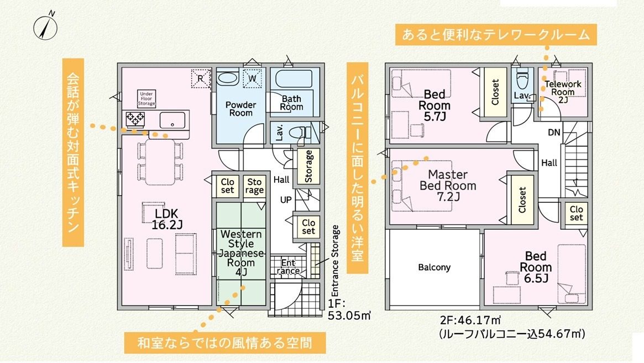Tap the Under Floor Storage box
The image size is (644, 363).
click(x=146, y=99)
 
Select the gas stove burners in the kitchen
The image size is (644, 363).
click(x=135, y=119)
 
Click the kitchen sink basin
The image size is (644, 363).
click(x=172, y=120)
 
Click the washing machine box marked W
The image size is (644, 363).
click(x=252, y=78)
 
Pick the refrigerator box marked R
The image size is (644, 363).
click(x=201, y=78)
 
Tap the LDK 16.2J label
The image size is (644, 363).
click(x=166, y=219)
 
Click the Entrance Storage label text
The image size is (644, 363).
click(x=335, y=261)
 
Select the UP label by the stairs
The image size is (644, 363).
click(x=286, y=199)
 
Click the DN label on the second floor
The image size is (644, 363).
click(x=554, y=132)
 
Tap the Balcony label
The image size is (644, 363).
click(x=434, y=267)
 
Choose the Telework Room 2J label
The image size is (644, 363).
click(x=563, y=91)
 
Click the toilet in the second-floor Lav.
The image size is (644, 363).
click(x=523, y=80)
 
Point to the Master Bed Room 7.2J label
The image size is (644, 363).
click(x=448, y=186)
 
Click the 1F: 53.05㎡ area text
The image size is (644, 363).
click(x=349, y=309)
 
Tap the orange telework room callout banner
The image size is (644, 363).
click(x=496, y=34)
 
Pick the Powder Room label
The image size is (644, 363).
click(x=240, y=109)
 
